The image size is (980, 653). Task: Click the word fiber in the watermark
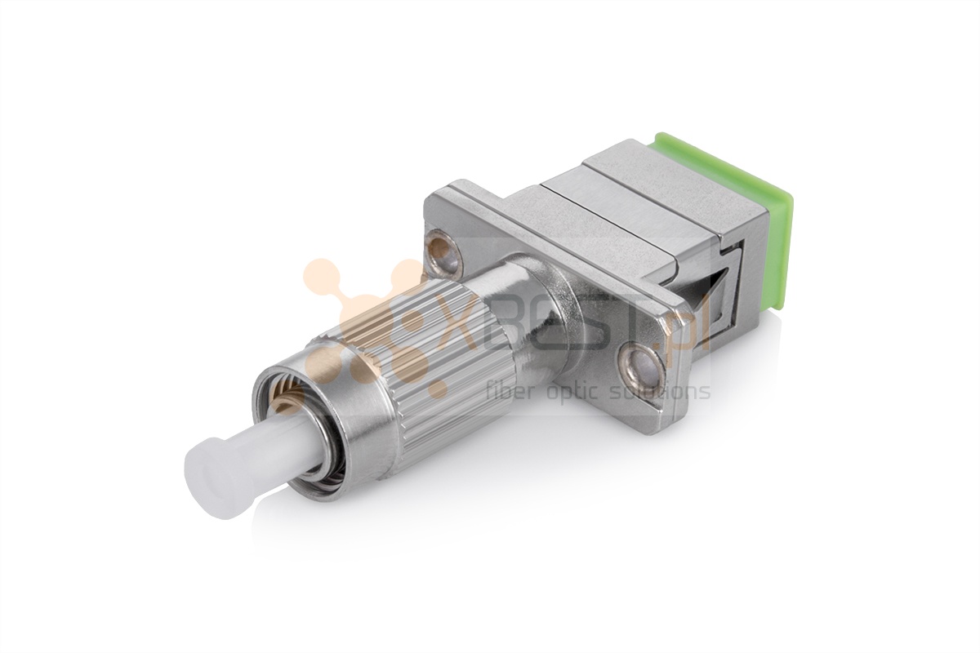coord(510,391)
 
